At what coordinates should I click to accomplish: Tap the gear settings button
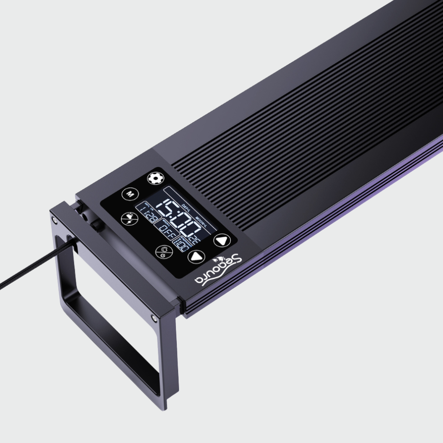click(155, 178)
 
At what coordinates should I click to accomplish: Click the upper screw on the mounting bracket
click(54, 219)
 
